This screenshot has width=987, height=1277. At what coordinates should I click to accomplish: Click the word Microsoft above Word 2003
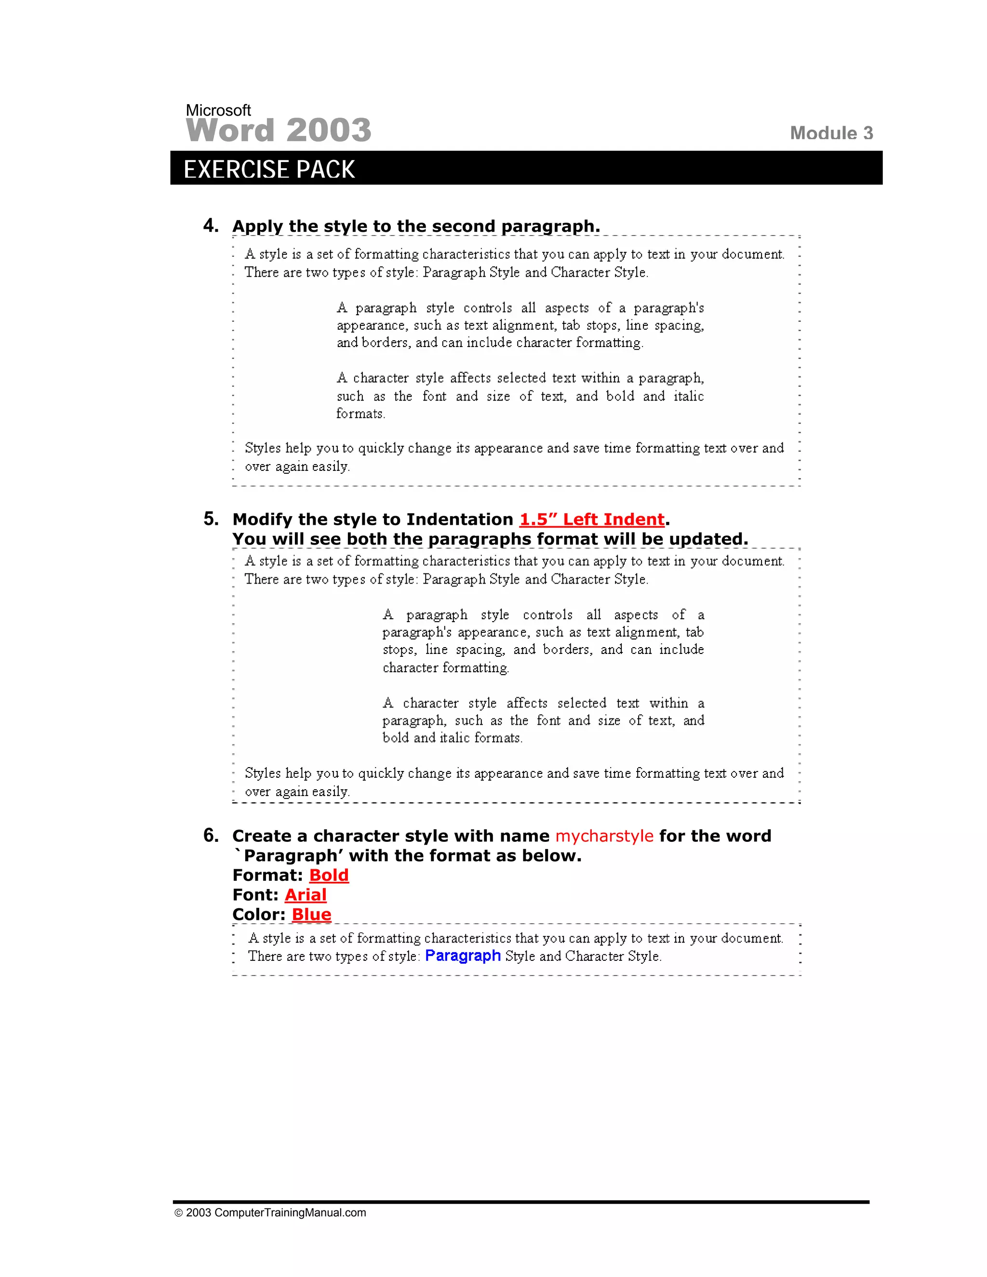(218, 110)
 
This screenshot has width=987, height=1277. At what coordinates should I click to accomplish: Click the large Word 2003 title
(279, 130)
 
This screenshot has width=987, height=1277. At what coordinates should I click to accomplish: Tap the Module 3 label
(831, 133)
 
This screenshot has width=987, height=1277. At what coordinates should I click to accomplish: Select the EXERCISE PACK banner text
(269, 170)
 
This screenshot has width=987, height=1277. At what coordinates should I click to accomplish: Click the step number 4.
(211, 226)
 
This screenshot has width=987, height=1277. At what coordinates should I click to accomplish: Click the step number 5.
(211, 519)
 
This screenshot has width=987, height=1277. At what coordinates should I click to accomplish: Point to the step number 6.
(211, 835)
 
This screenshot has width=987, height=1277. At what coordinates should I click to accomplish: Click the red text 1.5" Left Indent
(592, 519)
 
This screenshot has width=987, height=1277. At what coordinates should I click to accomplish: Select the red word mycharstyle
(604, 836)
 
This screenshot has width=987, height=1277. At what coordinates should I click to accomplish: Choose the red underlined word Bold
(329, 875)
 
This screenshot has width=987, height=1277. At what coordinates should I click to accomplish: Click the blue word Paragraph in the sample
(463, 956)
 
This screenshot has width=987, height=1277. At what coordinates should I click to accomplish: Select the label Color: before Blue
(258, 915)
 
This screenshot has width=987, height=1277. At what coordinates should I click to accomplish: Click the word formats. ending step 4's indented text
(360, 413)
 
